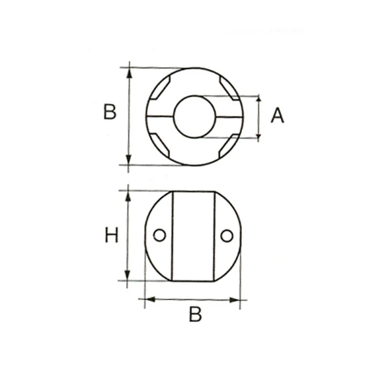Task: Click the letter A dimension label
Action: [x=278, y=116]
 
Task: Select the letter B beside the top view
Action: [x=110, y=112]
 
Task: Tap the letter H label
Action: [x=112, y=235]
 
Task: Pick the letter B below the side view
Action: [x=195, y=315]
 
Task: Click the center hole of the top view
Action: [x=194, y=116]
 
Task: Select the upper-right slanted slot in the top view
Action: [x=228, y=87]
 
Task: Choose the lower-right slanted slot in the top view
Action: [x=227, y=145]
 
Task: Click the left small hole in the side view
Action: [x=159, y=235]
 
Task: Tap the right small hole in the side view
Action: [x=227, y=235]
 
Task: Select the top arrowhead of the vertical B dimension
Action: [x=129, y=71]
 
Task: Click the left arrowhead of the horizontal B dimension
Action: [x=149, y=299]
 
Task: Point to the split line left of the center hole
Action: [x=160, y=116]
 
